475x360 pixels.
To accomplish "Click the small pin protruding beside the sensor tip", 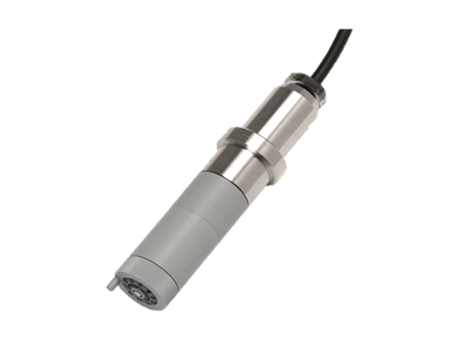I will pos(108,283).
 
